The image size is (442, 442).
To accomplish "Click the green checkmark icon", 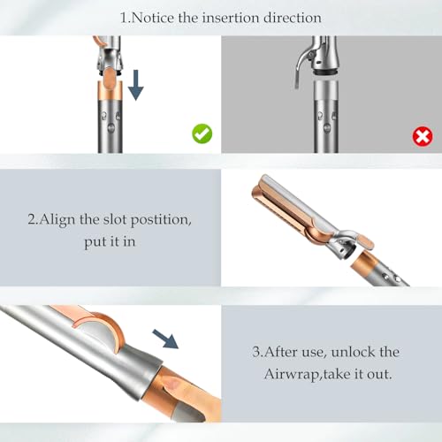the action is (202, 133).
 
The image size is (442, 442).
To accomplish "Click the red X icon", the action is (423, 136).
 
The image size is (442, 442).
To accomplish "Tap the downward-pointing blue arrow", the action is (135, 85).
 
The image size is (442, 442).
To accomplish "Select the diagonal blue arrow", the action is (165, 339).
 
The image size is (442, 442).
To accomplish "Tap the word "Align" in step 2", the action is (57, 220).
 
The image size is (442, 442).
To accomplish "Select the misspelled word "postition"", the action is (161, 220).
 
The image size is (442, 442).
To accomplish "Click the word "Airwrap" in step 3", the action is (292, 375).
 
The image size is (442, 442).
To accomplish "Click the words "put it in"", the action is (110, 242).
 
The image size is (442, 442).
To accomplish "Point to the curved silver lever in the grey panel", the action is (301, 64).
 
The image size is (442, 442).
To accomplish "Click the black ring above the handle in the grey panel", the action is (325, 72).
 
